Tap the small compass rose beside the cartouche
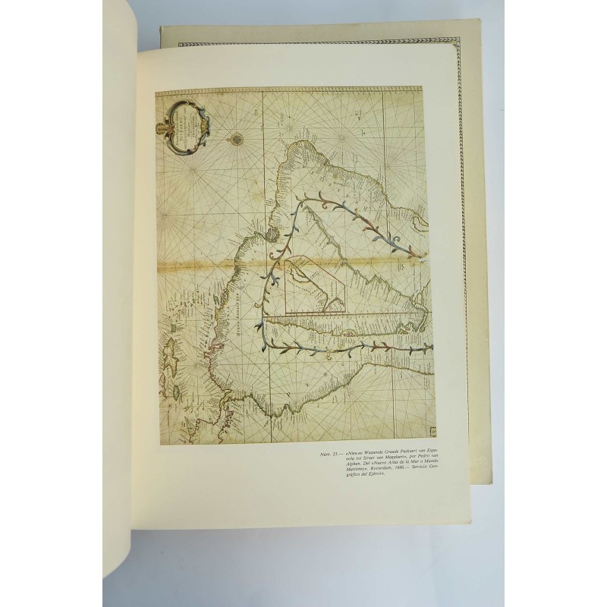point(236,138)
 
